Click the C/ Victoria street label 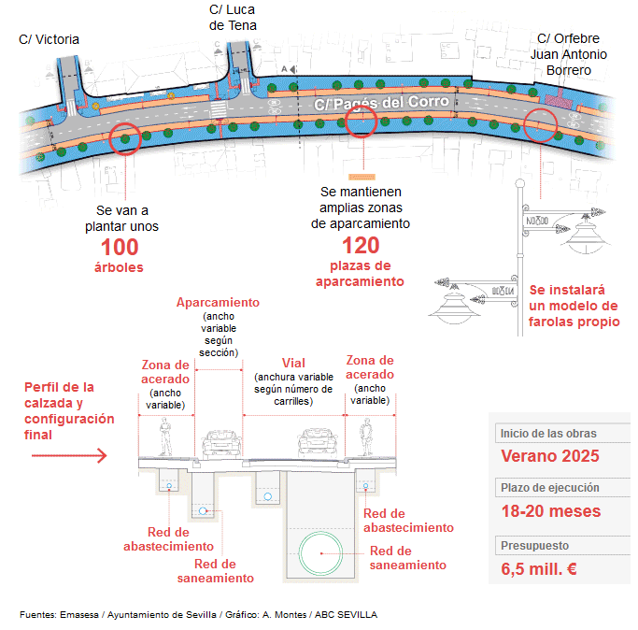[49, 39]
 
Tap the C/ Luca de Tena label [233, 18]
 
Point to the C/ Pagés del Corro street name [381, 103]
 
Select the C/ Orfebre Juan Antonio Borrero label [569, 54]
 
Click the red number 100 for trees [120, 247]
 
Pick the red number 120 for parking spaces [361, 245]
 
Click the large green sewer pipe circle [321, 553]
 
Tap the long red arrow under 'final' [69, 455]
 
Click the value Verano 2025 [550, 456]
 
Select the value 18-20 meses [551, 511]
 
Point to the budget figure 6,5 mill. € [539, 569]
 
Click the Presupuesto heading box [562, 546]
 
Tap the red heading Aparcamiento [218, 302]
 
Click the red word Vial [293, 363]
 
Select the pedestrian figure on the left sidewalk [165, 437]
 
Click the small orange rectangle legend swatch [362, 178]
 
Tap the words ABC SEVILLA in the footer [346, 614]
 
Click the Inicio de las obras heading [548, 434]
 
